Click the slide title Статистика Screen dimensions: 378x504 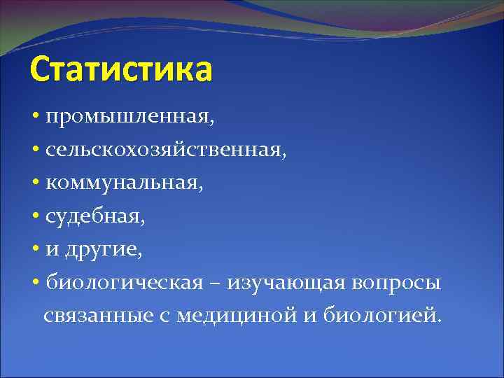(x=120, y=71)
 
